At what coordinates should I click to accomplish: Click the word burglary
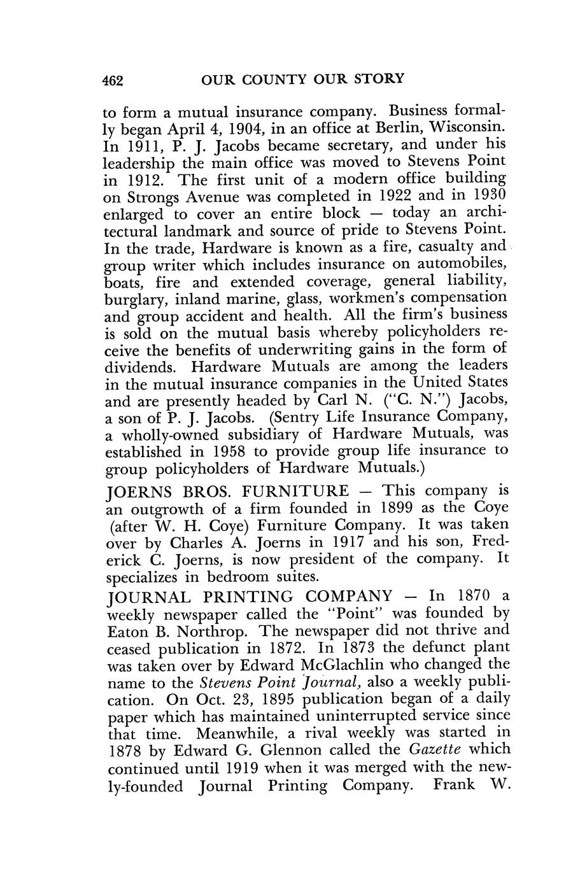(133, 299)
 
